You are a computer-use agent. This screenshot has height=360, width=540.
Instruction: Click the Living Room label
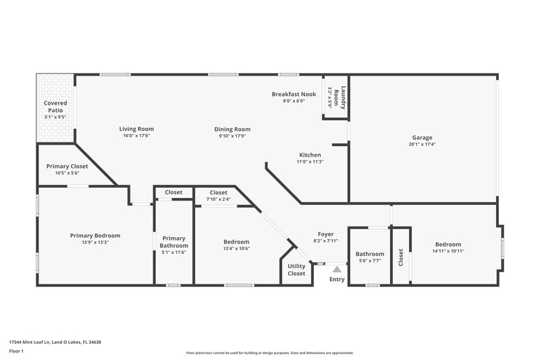coord(136,128)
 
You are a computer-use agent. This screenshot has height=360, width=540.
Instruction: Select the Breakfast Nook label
coord(294,94)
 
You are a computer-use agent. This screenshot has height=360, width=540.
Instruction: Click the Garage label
coord(423,137)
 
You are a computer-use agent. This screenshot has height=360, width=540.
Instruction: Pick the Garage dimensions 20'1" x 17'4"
coord(423,144)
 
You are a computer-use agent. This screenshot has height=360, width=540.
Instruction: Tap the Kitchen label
coord(310,155)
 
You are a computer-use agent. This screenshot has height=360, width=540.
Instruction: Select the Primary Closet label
coord(67,166)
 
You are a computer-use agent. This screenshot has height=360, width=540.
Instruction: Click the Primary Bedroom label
coord(95,235)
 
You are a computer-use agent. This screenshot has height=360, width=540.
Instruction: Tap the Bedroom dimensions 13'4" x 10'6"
coord(237,249)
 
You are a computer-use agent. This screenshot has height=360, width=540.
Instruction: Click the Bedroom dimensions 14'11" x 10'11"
coord(448,251)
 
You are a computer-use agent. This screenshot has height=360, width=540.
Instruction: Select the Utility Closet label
coord(296,269)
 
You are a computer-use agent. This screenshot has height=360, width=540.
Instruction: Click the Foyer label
coord(325,234)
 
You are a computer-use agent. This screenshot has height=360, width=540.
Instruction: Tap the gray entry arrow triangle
coord(337,268)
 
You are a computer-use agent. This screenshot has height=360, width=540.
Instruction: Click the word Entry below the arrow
coord(337,279)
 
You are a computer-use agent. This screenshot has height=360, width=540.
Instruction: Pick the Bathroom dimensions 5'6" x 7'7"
coord(370,261)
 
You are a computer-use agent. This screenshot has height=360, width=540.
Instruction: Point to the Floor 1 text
coord(16,352)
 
